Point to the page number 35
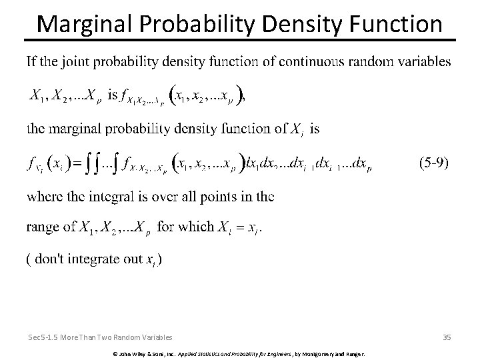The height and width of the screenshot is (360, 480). pos(446,337)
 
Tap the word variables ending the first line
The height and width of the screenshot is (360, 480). pos(423,63)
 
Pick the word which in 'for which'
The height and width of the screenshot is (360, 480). pos(196,227)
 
